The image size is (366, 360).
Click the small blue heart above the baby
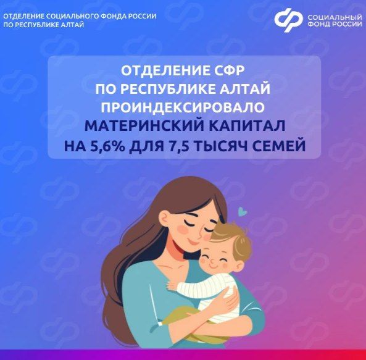click(x=243, y=211)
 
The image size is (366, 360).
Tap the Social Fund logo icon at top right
click(x=289, y=19)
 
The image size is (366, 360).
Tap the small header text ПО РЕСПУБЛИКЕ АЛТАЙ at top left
click(x=43, y=26)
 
